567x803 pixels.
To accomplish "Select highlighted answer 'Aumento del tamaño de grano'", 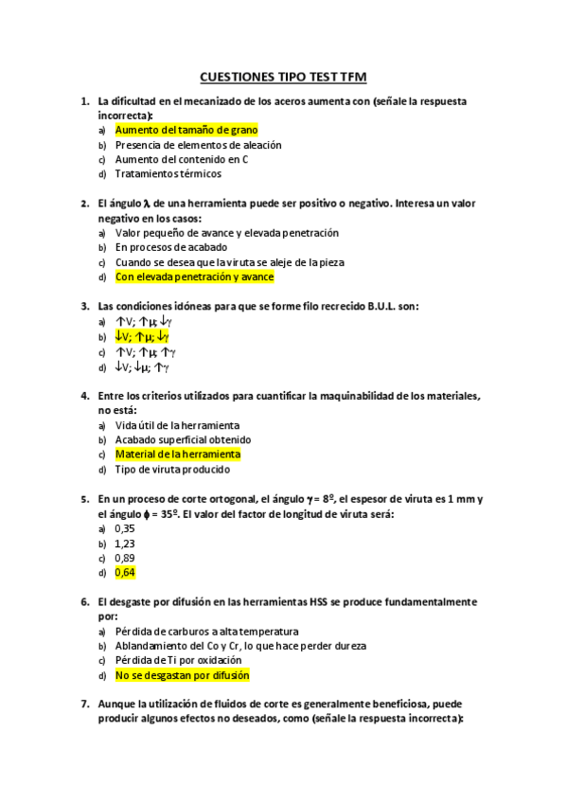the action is [186, 130].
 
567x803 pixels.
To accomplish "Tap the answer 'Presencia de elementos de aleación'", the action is [198, 145].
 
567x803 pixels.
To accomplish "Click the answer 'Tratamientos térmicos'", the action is [168, 173].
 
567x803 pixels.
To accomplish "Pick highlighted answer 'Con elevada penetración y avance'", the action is [194, 277].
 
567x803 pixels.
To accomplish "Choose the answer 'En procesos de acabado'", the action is [170, 247].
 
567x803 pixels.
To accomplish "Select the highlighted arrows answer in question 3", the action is [142, 336].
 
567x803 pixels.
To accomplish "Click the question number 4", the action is [86, 395].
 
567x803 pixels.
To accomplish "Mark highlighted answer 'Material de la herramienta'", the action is [178, 454].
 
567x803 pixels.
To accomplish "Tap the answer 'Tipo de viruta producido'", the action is [172, 469].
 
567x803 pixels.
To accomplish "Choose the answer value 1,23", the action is [124, 543].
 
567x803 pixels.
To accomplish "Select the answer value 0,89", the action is [124, 558].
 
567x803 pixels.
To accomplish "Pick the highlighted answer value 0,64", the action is [124, 572].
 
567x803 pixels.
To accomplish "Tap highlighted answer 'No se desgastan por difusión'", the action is [182, 675].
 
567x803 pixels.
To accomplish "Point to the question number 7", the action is [86, 704].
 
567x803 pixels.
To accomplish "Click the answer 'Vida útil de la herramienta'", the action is [177, 425].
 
